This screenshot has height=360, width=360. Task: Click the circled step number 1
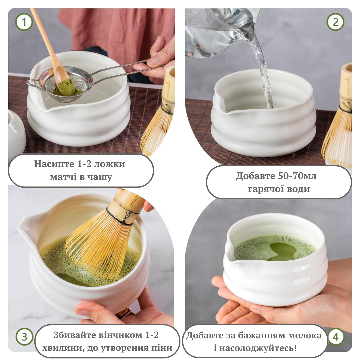(24, 22)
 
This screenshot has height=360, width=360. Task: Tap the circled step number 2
(335, 22)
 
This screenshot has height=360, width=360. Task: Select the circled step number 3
(25, 337)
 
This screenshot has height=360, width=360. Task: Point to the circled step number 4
(336, 337)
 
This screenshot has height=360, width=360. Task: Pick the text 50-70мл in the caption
(297, 176)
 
